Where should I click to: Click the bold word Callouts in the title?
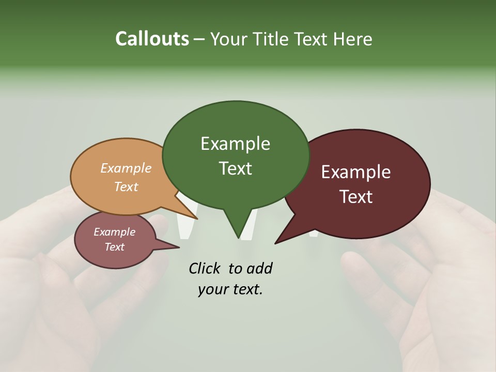coord(152,39)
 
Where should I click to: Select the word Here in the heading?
coord(352,39)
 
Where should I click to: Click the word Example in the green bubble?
coord(235,144)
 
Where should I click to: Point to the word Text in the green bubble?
coord(235,168)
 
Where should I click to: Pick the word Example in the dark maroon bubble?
coord(355,172)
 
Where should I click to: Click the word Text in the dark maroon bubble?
coord(355,197)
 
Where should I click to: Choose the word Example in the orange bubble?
coord(126,168)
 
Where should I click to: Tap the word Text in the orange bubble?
coord(126,187)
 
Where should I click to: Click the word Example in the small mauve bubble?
coord(114,232)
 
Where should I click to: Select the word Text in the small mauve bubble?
coord(114,247)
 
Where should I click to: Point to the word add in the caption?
coord(259,269)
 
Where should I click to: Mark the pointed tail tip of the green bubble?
coord(238,238)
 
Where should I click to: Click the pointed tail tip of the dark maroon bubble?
coord(275,243)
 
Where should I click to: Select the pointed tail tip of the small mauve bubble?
coord(179,247)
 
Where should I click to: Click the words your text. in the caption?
coord(230,289)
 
